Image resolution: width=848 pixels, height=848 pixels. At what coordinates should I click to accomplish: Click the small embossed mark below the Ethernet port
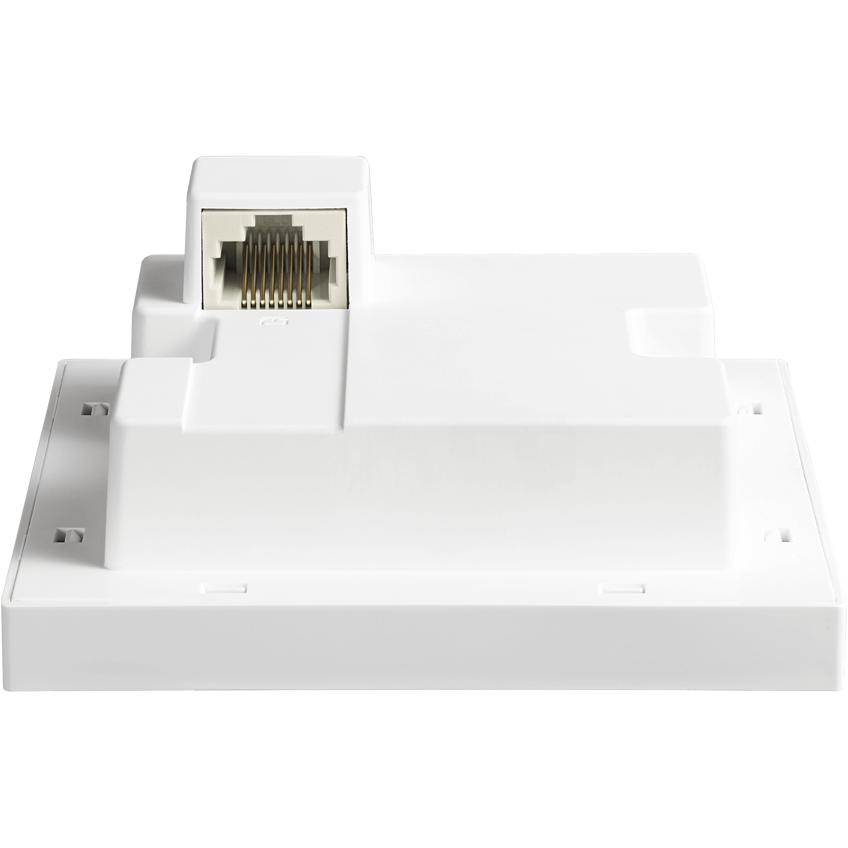(263, 321)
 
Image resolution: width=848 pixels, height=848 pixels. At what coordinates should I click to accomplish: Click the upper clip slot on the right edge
(756, 408)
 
